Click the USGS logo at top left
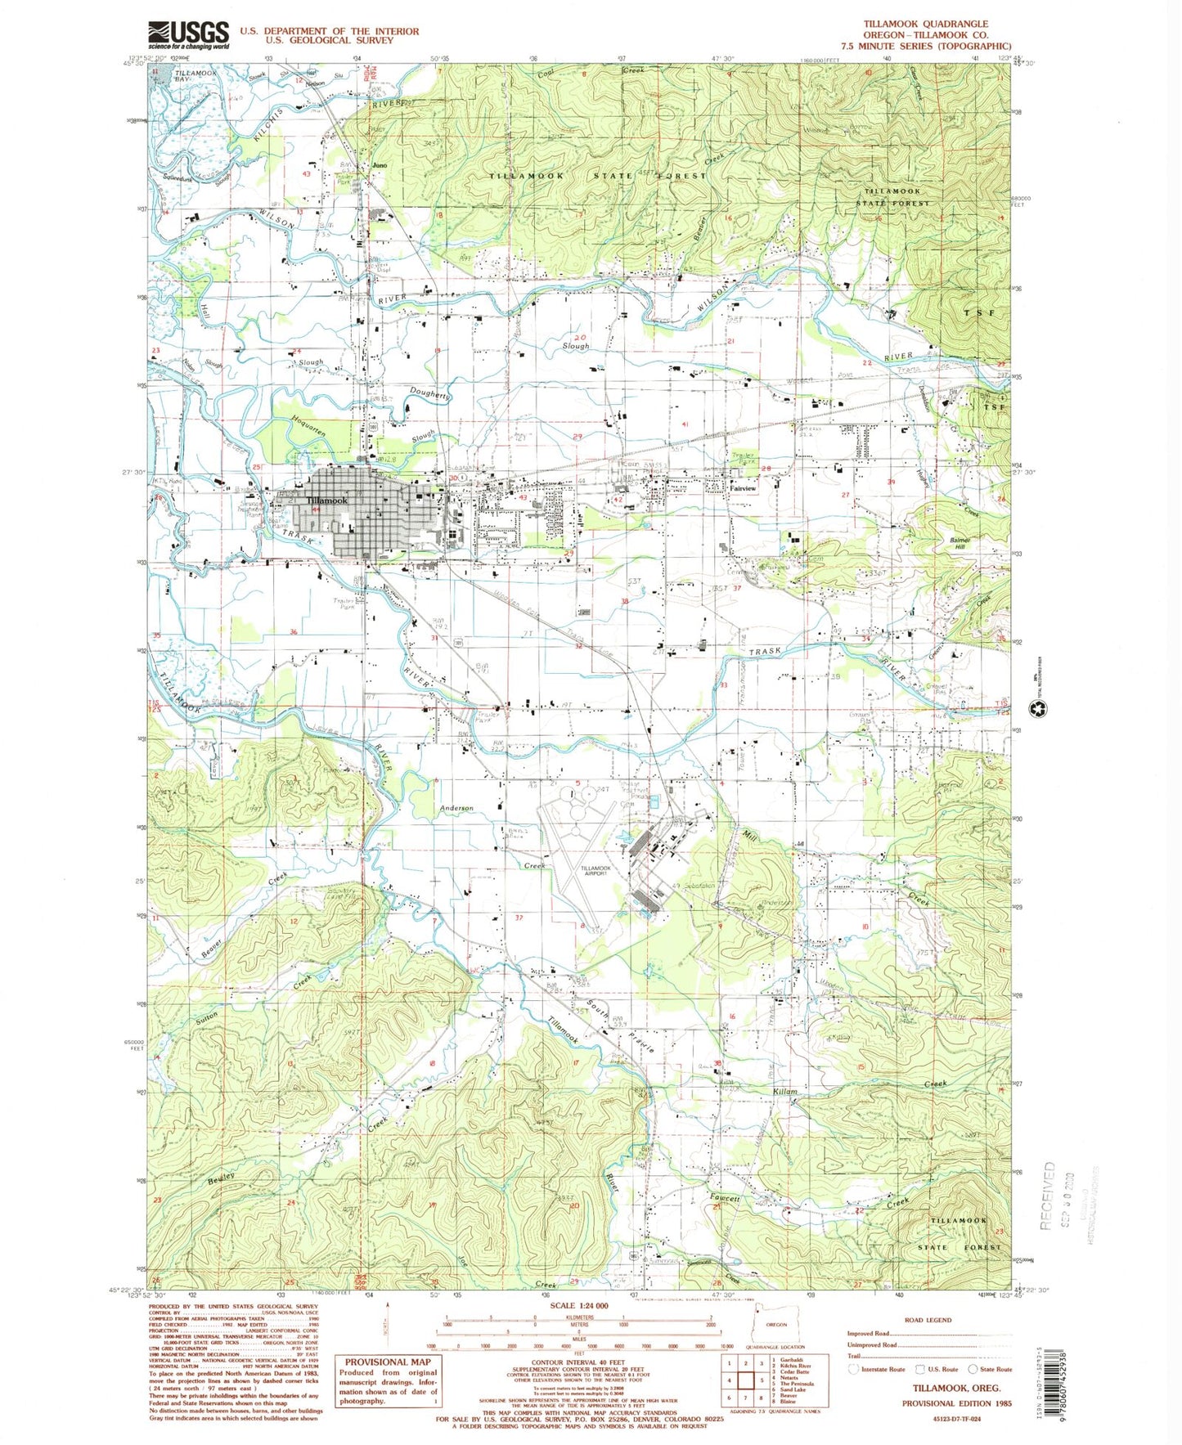188,34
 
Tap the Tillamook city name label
326,500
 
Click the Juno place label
379,165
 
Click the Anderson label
456,808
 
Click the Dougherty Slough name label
430,394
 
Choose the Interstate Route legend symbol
855,1368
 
